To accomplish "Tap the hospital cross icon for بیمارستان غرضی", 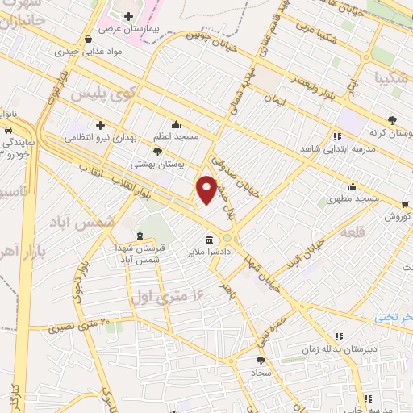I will pos(128,16).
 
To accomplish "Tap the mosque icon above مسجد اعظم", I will pos(176,125).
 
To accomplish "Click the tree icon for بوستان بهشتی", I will pos(156,151).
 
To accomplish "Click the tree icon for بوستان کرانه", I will pos(392,119).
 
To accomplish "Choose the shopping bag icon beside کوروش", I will pos(406,206).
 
